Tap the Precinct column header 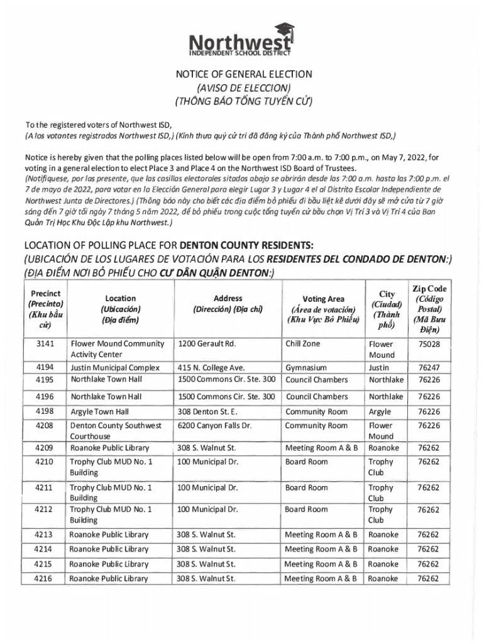pos(45,309)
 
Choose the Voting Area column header pos(323,309)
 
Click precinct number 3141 pos(45,344)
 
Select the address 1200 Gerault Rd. pos(207,344)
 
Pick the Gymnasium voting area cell pos(305,367)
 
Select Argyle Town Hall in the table pos(100,411)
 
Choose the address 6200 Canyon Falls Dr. pos(214,426)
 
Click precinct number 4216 pos(45,579)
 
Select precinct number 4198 pos(45,411)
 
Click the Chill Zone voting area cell pos(302,344)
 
